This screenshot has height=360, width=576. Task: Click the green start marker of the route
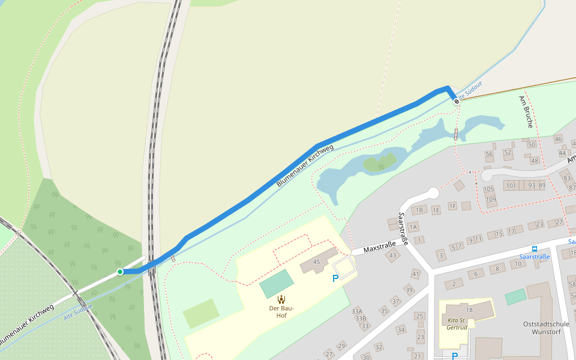[120, 272]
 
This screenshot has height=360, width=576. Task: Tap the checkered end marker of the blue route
[457, 101]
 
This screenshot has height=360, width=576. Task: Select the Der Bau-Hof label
[281, 308]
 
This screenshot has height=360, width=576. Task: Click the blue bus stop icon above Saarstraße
[534, 249]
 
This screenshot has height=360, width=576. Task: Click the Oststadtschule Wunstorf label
[545, 328]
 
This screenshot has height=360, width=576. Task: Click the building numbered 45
[317, 262]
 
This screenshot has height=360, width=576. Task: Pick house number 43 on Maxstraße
[393, 256]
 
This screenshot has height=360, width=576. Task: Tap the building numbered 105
[489, 189]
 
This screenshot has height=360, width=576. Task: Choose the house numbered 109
[491, 200]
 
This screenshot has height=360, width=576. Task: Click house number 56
[489, 154]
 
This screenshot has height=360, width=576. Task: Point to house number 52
[508, 152]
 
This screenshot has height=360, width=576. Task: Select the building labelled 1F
[452, 206]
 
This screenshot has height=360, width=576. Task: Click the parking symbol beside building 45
[335, 278]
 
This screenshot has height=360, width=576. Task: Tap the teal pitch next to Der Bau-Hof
[277, 284]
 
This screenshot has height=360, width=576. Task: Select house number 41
[416, 274]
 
